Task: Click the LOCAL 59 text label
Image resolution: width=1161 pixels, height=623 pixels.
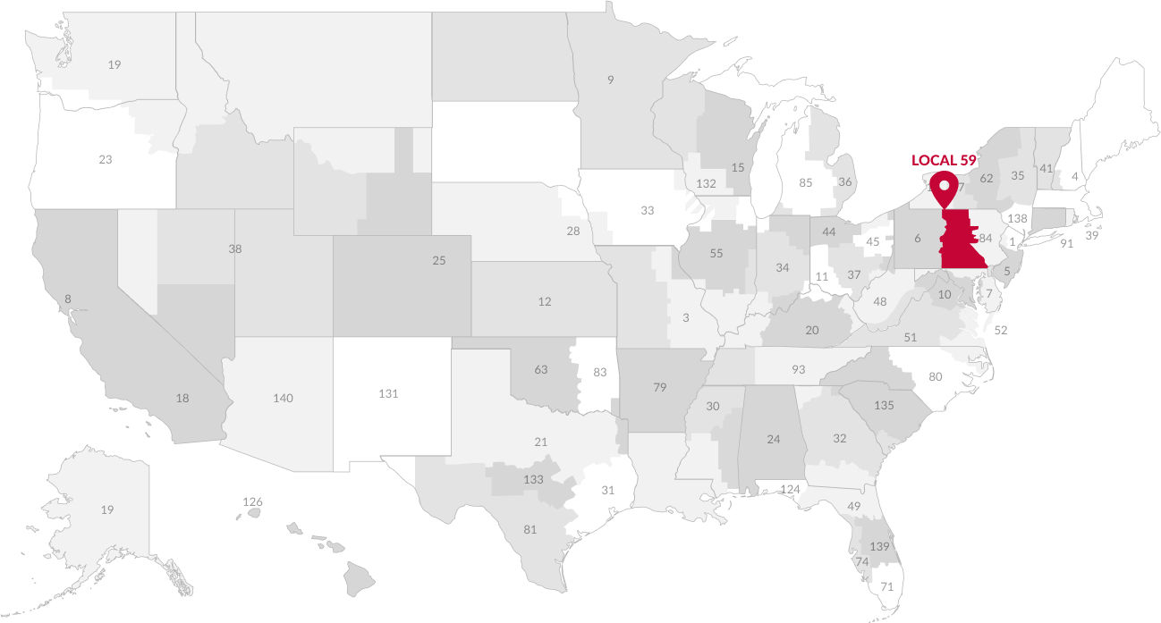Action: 943,161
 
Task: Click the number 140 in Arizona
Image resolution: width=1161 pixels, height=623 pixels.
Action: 283,398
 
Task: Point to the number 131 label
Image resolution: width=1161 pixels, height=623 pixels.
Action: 388,393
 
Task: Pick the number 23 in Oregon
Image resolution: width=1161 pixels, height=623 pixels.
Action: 106,160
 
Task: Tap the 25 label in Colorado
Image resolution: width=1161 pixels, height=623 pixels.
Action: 438,261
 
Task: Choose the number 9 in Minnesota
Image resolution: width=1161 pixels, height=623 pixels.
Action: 611,80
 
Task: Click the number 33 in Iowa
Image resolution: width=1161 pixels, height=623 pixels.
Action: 648,211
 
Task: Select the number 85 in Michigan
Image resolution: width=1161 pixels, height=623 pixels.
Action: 805,183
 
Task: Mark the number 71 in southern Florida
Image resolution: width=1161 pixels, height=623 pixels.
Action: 887,587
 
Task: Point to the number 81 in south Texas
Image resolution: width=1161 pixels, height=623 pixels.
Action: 530,529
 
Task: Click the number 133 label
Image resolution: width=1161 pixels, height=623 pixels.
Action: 533,480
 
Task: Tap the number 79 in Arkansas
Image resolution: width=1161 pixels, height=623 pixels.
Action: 660,387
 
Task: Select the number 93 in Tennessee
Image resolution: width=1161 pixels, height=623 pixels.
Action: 798,369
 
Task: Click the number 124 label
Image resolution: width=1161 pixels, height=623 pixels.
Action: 791,489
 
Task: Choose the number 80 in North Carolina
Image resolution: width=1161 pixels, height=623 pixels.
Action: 936,376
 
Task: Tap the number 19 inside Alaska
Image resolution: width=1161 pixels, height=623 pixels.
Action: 107,510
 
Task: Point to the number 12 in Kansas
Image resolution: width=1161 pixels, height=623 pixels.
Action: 545,302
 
